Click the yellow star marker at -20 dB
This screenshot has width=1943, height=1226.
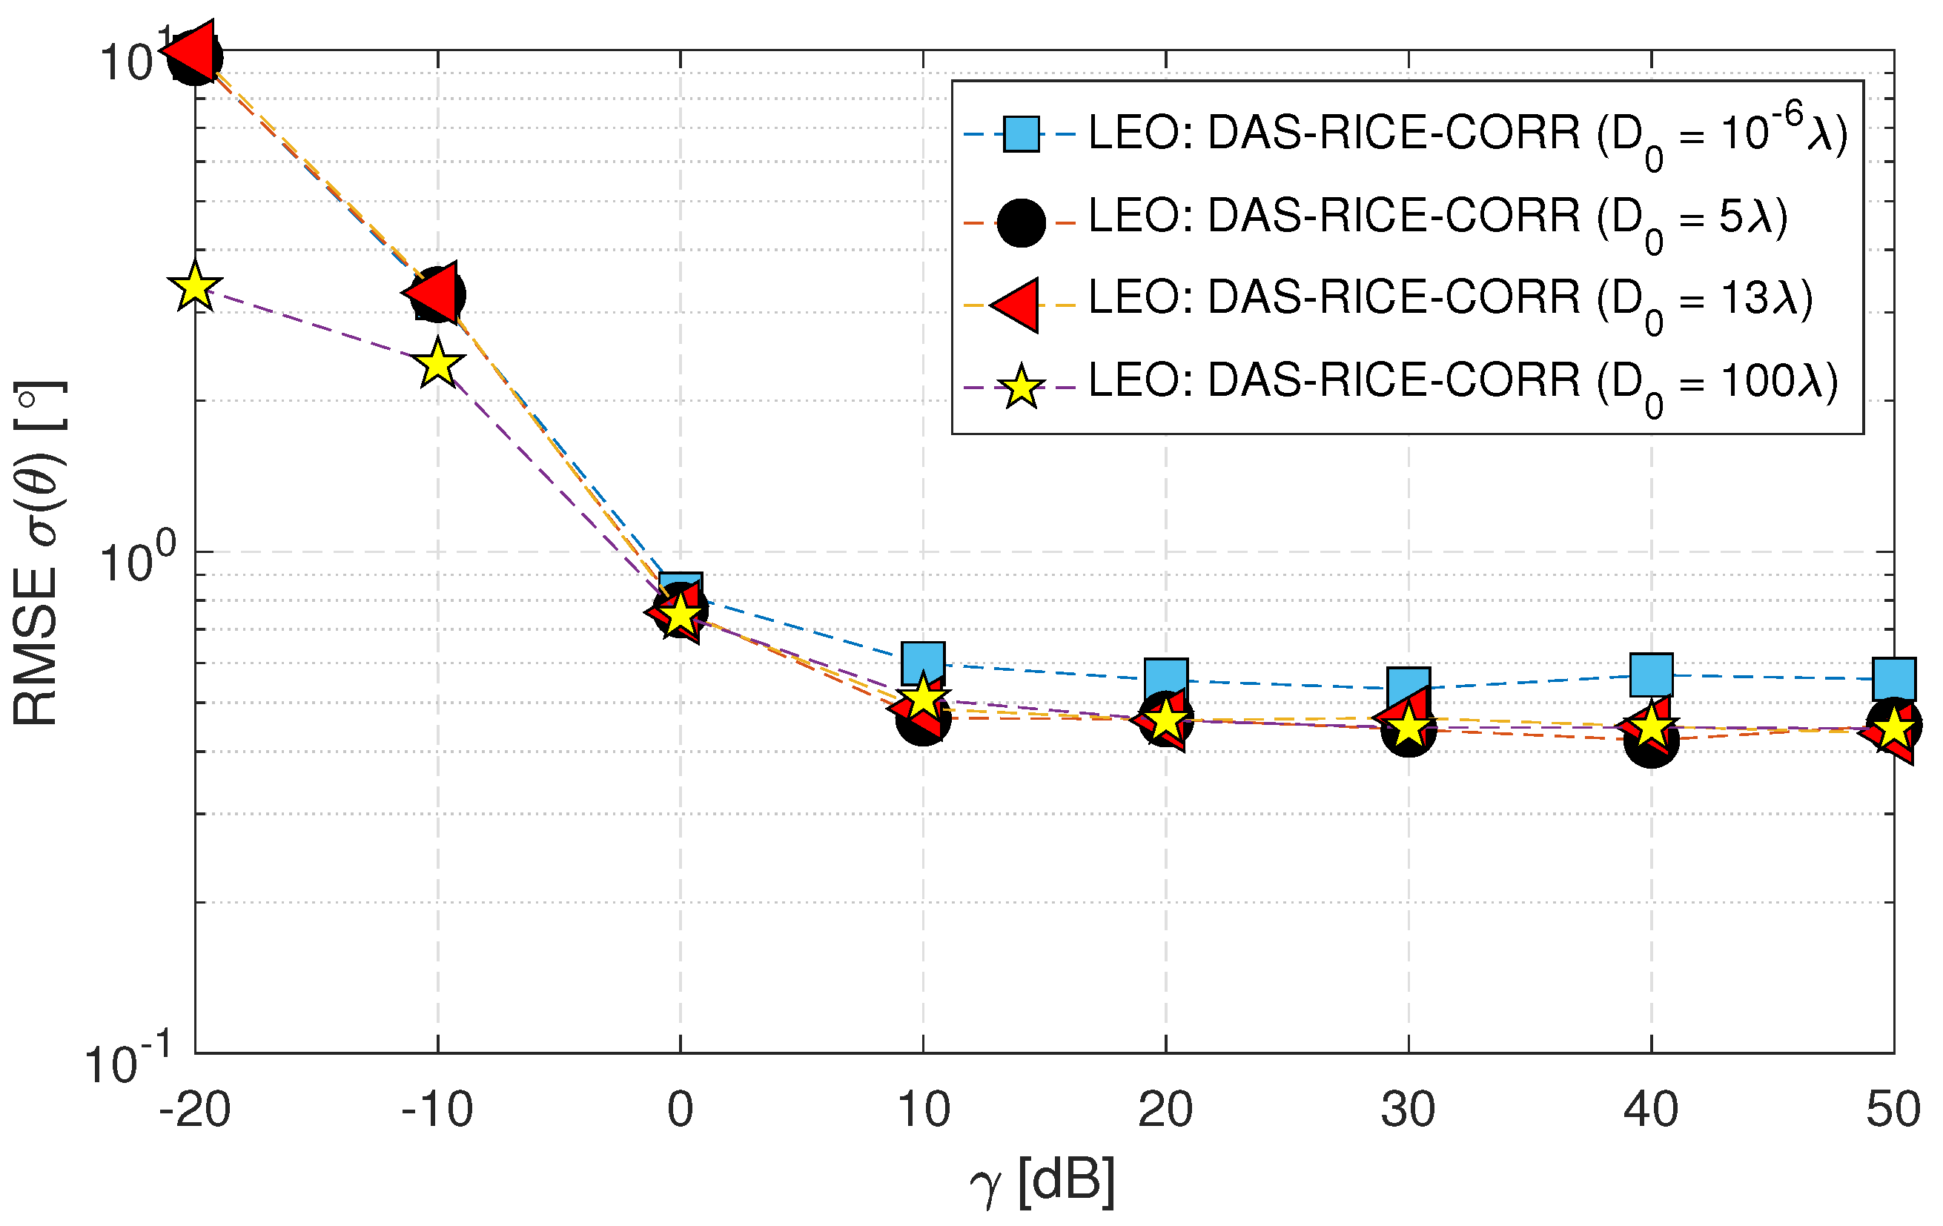click(194, 287)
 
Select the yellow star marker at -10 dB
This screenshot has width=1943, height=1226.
click(437, 363)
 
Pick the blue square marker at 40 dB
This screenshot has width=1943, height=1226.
click(1651, 675)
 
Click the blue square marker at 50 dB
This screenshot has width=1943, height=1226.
click(1894, 678)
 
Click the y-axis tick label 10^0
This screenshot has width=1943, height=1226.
click(136, 558)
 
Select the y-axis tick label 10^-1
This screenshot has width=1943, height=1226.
click(128, 1060)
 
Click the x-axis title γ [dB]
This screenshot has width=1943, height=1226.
click(1042, 1182)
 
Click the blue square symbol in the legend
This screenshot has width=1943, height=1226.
click(1021, 134)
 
